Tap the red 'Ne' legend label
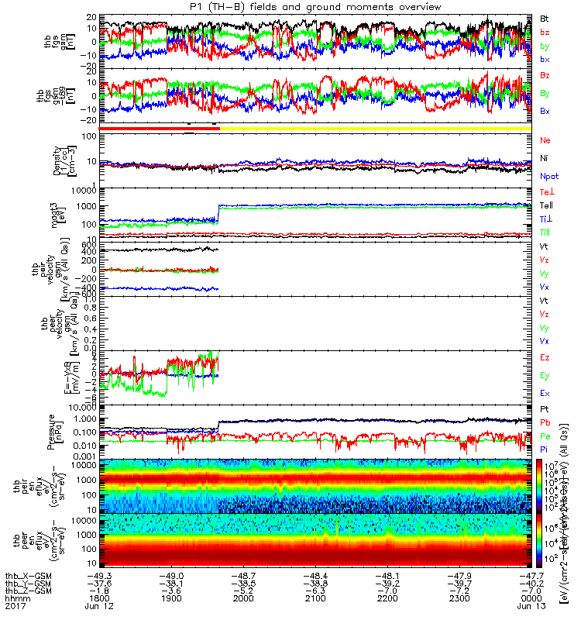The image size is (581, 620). point(545,140)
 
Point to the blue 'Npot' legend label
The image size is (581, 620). point(549,176)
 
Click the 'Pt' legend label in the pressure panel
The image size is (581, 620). point(545,408)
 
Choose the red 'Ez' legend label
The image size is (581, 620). point(545,357)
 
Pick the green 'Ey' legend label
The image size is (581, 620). point(545,375)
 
